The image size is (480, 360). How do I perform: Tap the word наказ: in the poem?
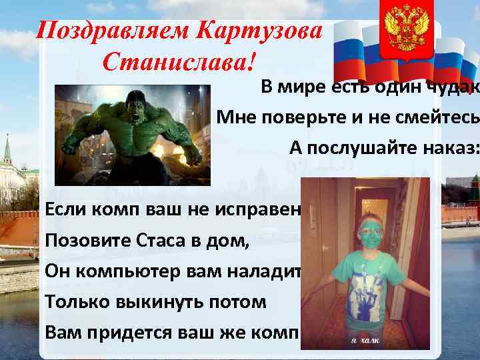click(449, 148)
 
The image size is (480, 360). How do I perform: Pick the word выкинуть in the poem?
click(153, 301)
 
